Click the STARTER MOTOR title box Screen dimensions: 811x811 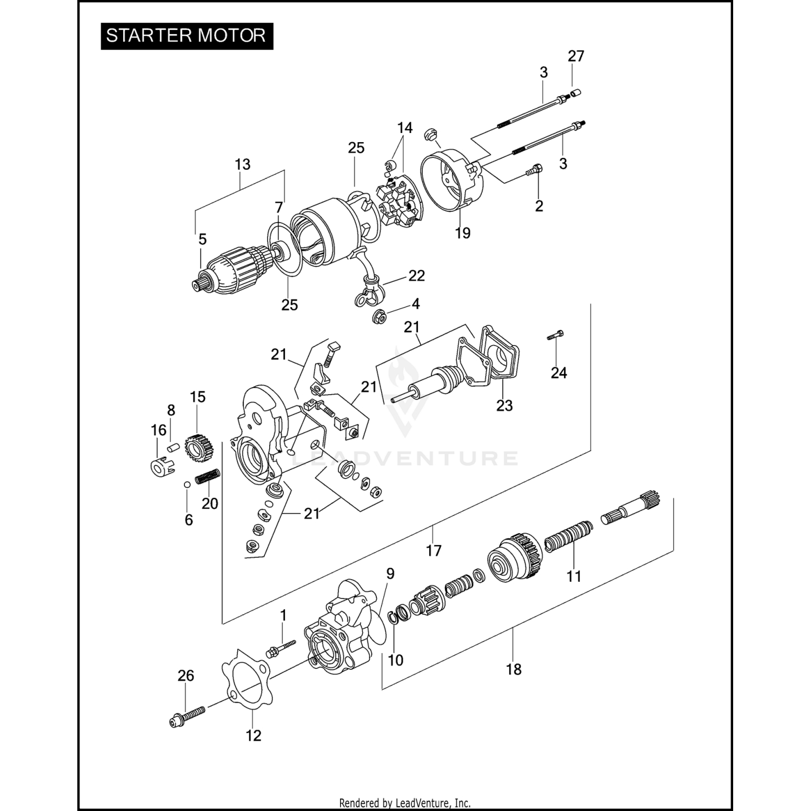point(187,36)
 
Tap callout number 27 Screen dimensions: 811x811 point(576,56)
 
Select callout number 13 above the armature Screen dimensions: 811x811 point(243,164)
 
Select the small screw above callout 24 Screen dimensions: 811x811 point(555,335)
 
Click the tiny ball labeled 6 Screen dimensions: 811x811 point(186,484)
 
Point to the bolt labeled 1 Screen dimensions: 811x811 point(280,648)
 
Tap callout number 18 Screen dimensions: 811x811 point(514,669)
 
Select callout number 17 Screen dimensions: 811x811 point(434,550)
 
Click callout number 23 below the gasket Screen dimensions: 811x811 point(504,405)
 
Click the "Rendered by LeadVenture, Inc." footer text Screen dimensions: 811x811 point(404,802)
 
